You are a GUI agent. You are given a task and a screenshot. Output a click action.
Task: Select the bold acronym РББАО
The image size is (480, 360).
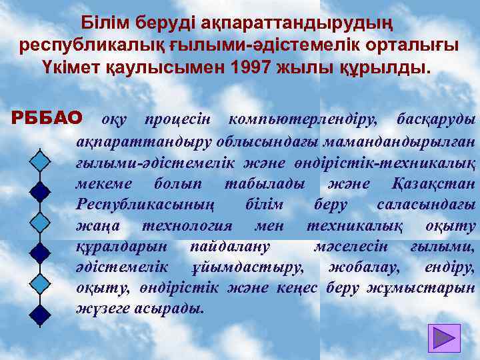47,119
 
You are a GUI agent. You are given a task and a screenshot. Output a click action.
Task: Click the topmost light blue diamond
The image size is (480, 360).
40,161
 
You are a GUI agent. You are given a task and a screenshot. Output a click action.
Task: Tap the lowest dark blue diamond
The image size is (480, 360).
40,313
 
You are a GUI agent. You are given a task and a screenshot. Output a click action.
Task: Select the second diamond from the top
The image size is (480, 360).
40,191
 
